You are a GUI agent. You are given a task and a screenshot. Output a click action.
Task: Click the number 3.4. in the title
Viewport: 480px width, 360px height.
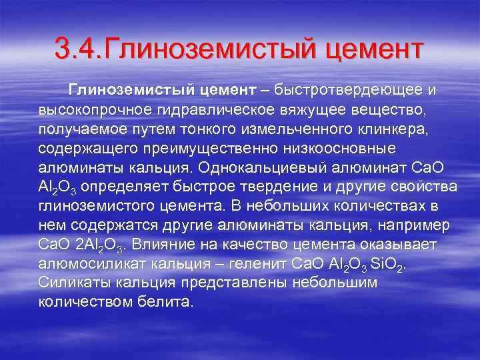(x=77, y=49)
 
